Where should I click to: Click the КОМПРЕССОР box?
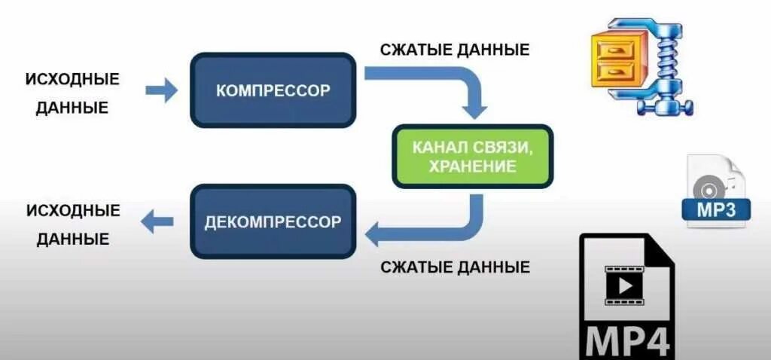coord(273,90)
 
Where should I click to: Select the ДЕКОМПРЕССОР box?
coord(273,222)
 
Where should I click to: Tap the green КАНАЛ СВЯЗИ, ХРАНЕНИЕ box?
coord(472,156)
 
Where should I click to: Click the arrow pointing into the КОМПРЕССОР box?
coord(161,91)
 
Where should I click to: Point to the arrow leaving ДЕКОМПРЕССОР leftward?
coord(157,221)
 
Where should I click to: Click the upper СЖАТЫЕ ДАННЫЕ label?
coord(455,50)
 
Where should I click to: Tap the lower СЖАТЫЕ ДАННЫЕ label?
coord(455,267)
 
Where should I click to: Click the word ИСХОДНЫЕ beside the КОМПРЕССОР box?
coord(72,79)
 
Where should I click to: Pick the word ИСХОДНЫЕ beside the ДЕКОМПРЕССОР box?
coord(73,210)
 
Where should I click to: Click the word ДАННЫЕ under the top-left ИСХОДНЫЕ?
coord(72,108)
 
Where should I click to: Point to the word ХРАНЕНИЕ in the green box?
coord(472,166)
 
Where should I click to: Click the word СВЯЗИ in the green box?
coord(503,146)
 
